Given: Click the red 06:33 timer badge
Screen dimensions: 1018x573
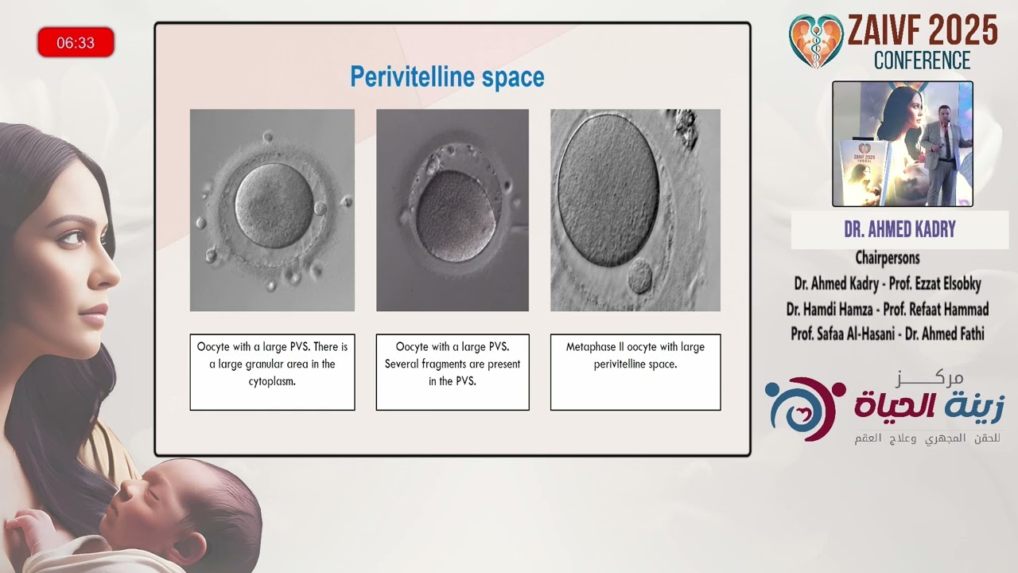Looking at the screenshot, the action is [x=76, y=42].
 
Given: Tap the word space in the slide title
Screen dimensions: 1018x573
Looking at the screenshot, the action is [x=513, y=78].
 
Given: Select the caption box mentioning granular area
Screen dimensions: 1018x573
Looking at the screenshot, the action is [x=272, y=372].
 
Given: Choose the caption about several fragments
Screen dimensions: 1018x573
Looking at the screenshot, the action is [x=453, y=372].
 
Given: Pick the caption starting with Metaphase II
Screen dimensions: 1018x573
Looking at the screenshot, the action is [x=635, y=372].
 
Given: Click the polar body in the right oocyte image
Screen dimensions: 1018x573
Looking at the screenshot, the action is [x=640, y=275].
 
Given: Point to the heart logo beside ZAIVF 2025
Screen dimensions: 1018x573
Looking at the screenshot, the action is [x=816, y=41].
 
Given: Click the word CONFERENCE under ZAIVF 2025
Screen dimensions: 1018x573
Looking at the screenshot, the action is [x=922, y=60].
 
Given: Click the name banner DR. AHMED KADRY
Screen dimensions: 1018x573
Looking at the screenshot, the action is [x=899, y=230].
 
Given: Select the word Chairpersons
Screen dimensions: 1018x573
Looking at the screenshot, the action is [x=888, y=258].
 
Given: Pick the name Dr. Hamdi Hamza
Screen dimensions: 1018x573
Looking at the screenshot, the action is [x=830, y=310].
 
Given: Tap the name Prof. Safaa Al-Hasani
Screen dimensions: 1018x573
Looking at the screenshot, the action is [x=842, y=333].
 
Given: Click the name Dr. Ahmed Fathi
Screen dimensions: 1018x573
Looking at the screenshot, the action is [x=945, y=333].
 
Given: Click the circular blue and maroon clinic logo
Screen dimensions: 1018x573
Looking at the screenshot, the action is [x=805, y=409].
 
